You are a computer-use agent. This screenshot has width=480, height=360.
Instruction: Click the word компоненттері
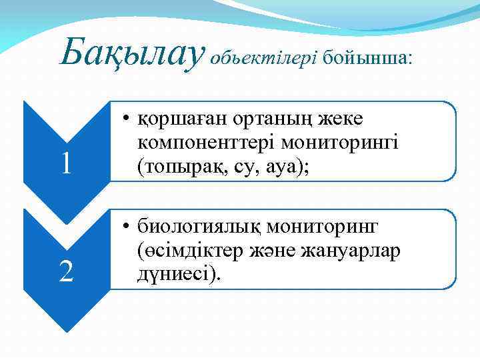[x=206, y=143]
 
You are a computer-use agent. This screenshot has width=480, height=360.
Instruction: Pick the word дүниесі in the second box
[x=173, y=274]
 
